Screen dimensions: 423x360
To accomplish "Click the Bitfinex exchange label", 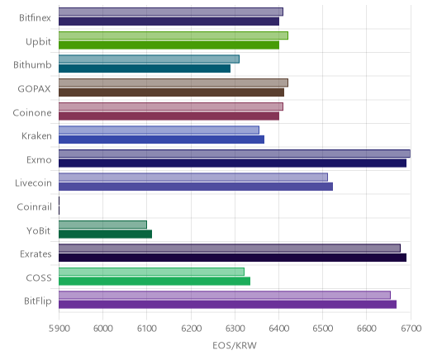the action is tap(35, 18).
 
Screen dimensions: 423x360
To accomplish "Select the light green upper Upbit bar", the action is tap(173, 36).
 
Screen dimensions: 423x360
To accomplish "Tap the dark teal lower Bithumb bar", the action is tap(145, 69).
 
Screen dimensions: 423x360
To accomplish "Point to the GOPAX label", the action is tap(34, 89).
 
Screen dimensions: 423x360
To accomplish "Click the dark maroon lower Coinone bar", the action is tap(169, 116).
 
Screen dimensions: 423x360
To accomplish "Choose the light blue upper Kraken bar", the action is tap(159, 130).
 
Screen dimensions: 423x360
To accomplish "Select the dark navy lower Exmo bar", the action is tap(232, 163).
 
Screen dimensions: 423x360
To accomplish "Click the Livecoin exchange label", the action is tap(33, 183).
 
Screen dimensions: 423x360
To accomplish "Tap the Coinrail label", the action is tap(34, 206).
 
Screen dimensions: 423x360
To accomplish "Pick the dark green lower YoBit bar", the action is tap(105, 234).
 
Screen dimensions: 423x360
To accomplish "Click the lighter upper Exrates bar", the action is tap(230, 248).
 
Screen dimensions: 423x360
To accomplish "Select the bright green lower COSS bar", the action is tap(154, 282).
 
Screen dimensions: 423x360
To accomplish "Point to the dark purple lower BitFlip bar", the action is tap(227, 305).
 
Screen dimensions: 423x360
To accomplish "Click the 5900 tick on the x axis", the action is tap(59, 329).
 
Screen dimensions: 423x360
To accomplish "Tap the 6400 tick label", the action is tap(278, 329).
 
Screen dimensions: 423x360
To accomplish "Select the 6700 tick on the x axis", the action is tap(411, 329).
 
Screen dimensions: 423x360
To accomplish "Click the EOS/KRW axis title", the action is tap(235, 345).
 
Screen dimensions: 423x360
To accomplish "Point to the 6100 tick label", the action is tap(147, 329).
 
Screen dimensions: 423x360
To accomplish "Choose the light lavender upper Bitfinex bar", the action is tap(171, 12).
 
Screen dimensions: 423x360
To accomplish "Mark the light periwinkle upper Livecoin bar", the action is tap(193, 178).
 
